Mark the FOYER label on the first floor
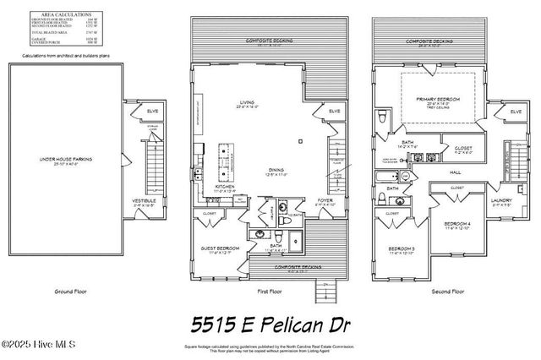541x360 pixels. coord(325,201)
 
